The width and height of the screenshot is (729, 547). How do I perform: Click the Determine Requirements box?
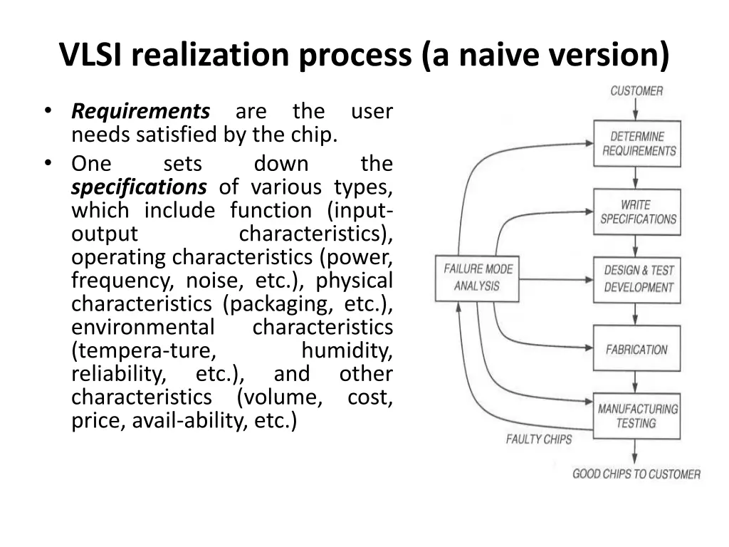tap(637, 143)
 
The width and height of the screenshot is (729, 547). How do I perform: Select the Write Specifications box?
tap(637, 212)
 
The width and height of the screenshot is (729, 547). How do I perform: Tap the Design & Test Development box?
tap(637, 278)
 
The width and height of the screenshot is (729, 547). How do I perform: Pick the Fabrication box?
tap(637, 350)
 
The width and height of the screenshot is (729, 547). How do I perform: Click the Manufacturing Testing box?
tap(637, 416)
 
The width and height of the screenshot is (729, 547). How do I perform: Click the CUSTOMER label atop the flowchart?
tap(636, 91)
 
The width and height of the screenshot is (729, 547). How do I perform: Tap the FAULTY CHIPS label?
tap(538, 439)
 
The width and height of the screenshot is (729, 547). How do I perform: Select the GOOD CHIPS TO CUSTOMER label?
tap(636, 474)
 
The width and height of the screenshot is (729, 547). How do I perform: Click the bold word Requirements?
tap(141, 112)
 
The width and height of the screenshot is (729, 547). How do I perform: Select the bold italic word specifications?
tap(139, 187)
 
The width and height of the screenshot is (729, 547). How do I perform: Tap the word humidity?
tap(347, 350)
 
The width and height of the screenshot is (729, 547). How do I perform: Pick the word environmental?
tap(142, 328)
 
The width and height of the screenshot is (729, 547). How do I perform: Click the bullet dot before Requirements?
tap(48, 111)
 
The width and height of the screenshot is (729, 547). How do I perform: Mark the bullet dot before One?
tap(48, 163)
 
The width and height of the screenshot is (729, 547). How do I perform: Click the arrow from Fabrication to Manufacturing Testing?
tap(636, 383)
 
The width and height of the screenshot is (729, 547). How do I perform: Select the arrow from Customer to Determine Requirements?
tap(636, 109)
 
